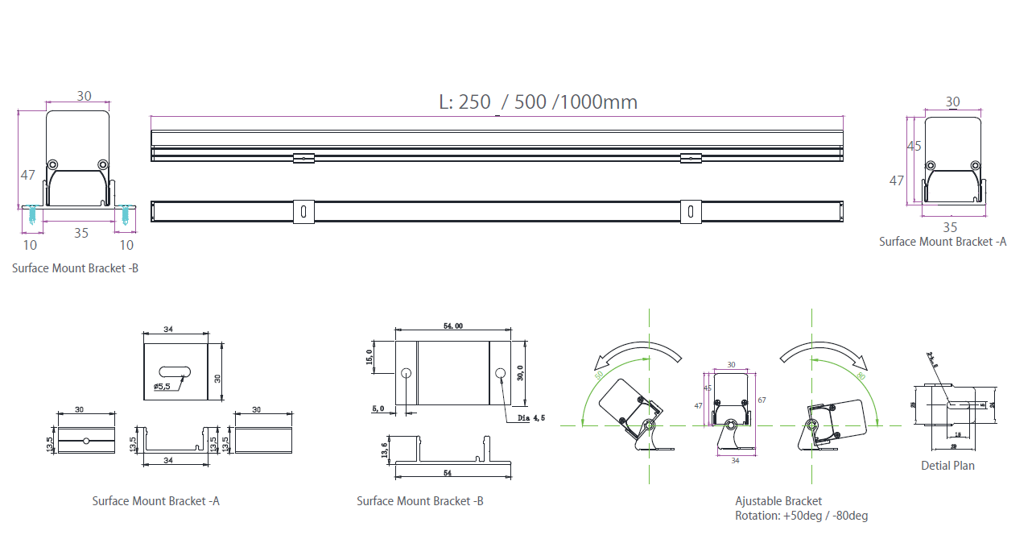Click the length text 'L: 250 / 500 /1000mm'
(538, 102)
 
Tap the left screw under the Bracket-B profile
(31, 215)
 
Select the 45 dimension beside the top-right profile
(914, 146)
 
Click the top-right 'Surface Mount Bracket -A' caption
(943, 242)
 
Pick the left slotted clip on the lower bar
(303, 211)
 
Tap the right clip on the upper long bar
(691, 158)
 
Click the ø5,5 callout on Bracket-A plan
(162, 387)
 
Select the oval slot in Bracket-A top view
(175, 371)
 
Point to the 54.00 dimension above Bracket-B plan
(452, 326)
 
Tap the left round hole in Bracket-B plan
(406, 373)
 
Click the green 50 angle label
(599, 375)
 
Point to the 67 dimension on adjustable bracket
(761, 400)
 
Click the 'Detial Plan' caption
(947, 466)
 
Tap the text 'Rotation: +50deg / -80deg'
(801, 516)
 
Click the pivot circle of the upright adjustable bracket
(730, 425)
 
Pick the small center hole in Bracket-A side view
(85, 441)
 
